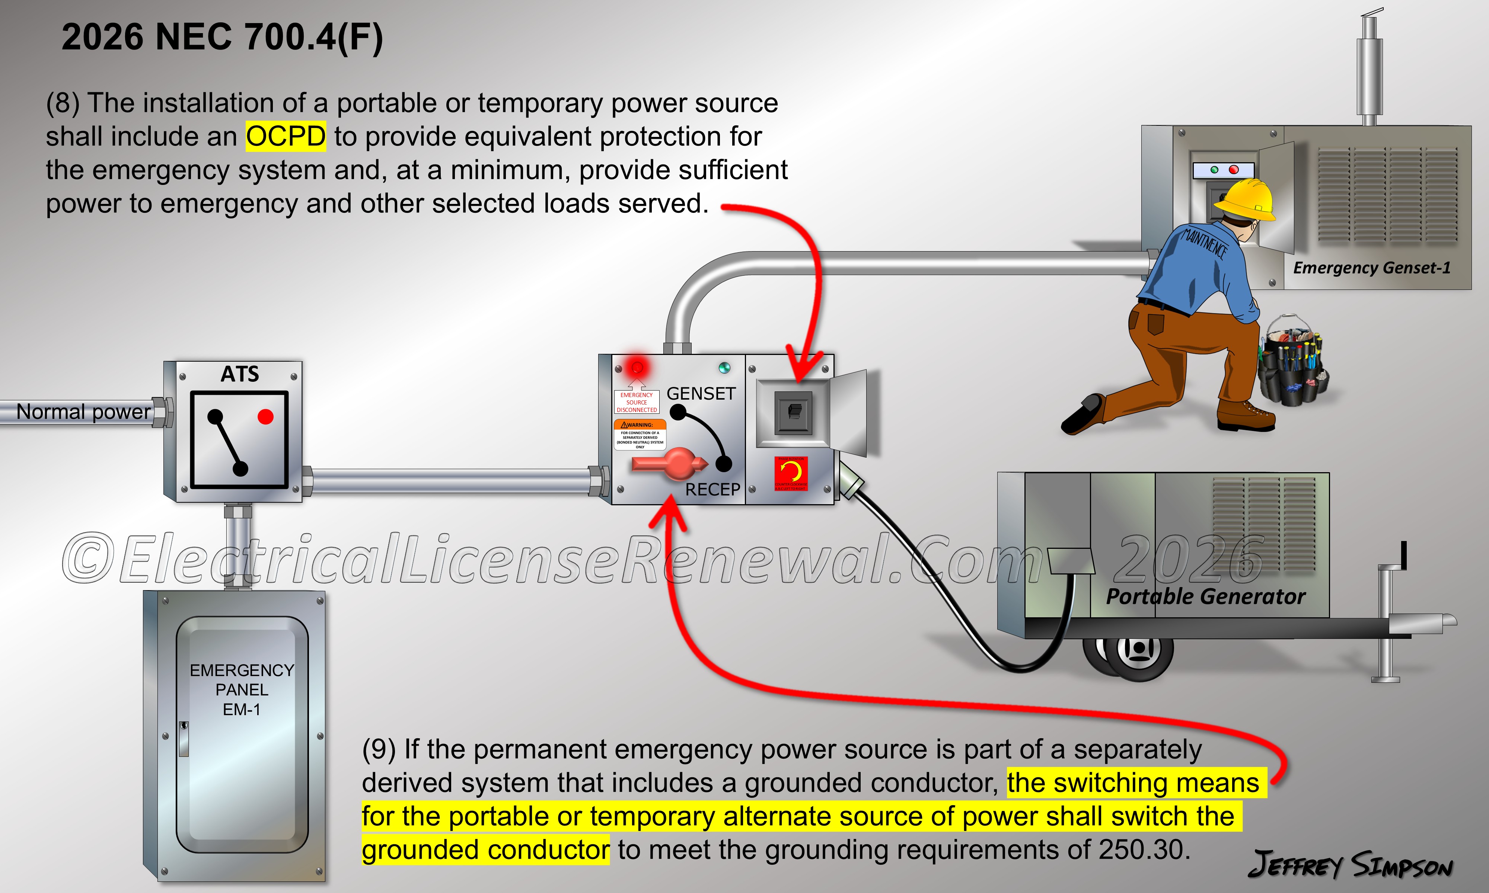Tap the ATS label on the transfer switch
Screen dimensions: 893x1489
click(239, 374)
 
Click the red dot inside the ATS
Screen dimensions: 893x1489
click(265, 416)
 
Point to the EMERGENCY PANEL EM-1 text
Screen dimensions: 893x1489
click(242, 689)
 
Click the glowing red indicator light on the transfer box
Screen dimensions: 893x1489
click(637, 367)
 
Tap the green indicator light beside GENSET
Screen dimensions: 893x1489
click(724, 368)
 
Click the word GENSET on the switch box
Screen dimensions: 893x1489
click(701, 394)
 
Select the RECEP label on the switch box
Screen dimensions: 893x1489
click(712, 490)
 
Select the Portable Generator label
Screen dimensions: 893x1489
click(1205, 596)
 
